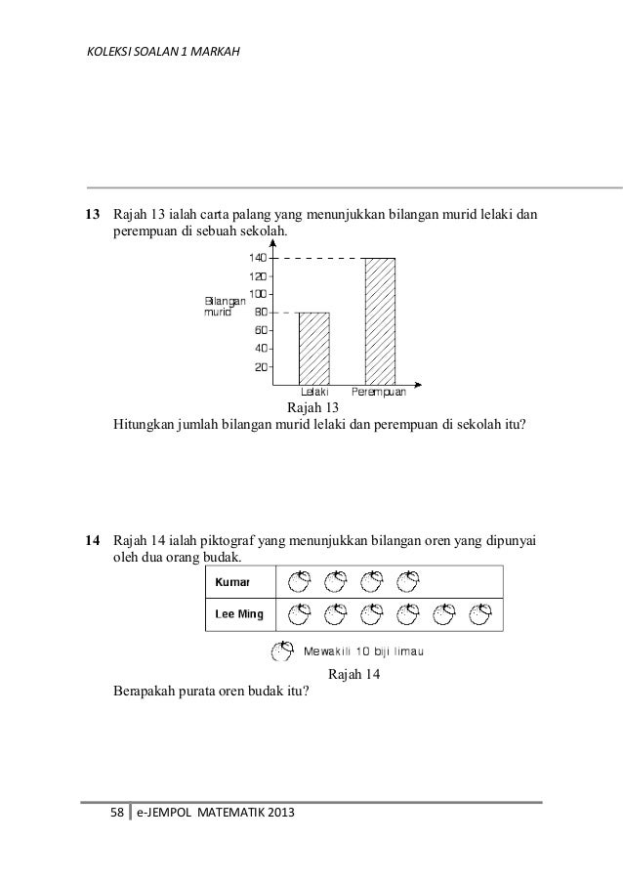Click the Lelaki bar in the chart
coord(313,349)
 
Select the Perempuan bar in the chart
coord(379,321)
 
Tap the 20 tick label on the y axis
coord(261,367)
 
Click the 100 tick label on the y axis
coord(258,294)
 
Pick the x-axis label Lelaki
coord(313,393)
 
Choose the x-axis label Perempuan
coord(385,393)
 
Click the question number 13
coord(93,214)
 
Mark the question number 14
coord(93,539)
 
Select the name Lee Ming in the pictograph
coord(237,615)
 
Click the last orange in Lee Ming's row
coord(479,615)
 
